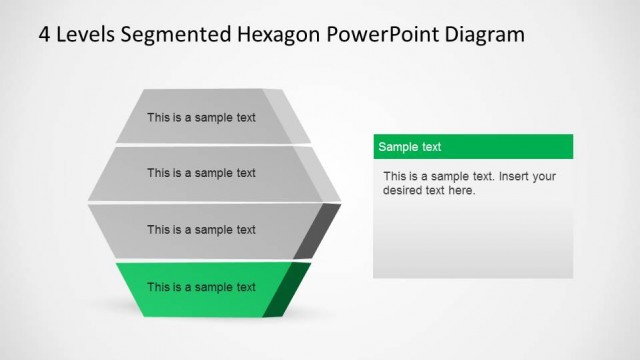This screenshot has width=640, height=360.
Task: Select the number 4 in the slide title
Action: pyautogui.click(x=45, y=34)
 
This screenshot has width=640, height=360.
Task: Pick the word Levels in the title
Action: pyautogui.click(x=87, y=34)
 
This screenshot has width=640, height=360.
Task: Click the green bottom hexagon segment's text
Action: pyautogui.click(x=201, y=287)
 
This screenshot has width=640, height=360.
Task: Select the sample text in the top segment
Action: pyautogui.click(x=201, y=117)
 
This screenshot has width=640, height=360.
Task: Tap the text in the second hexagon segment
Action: pyautogui.click(x=201, y=173)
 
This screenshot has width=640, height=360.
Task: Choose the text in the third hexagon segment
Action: pyautogui.click(x=201, y=230)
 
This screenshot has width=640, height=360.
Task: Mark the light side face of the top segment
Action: pyautogui.click(x=302, y=118)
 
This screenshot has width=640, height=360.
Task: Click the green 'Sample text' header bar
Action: pyautogui.click(x=473, y=147)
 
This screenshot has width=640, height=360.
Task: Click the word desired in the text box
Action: pyautogui.click(x=404, y=191)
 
